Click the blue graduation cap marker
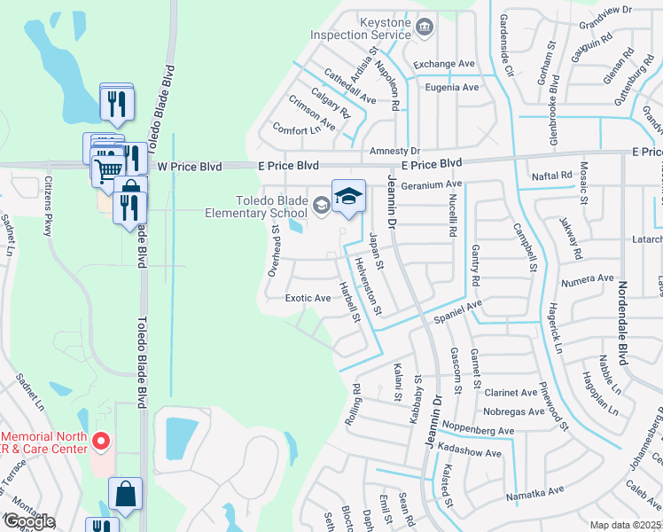point(348,197)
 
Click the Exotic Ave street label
point(308,298)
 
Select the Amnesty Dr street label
point(394,152)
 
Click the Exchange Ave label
point(445,64)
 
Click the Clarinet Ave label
point(511,392)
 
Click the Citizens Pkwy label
point(48,206)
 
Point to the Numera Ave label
point(588,278)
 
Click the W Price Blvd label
point(189,166)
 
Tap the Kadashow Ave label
point(470,453)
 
